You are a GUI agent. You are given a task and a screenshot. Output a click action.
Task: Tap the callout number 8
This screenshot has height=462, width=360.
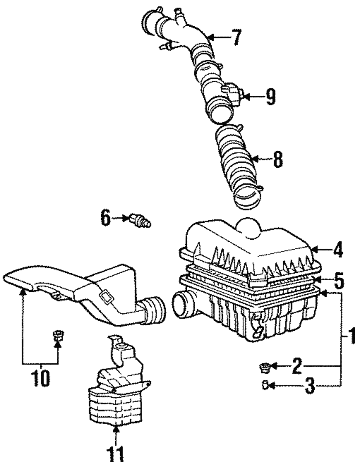point(277,159)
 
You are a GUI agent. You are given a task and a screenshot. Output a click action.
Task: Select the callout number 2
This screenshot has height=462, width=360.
point(296,366)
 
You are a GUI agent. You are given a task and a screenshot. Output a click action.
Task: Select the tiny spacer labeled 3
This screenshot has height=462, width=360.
point(265,386)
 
